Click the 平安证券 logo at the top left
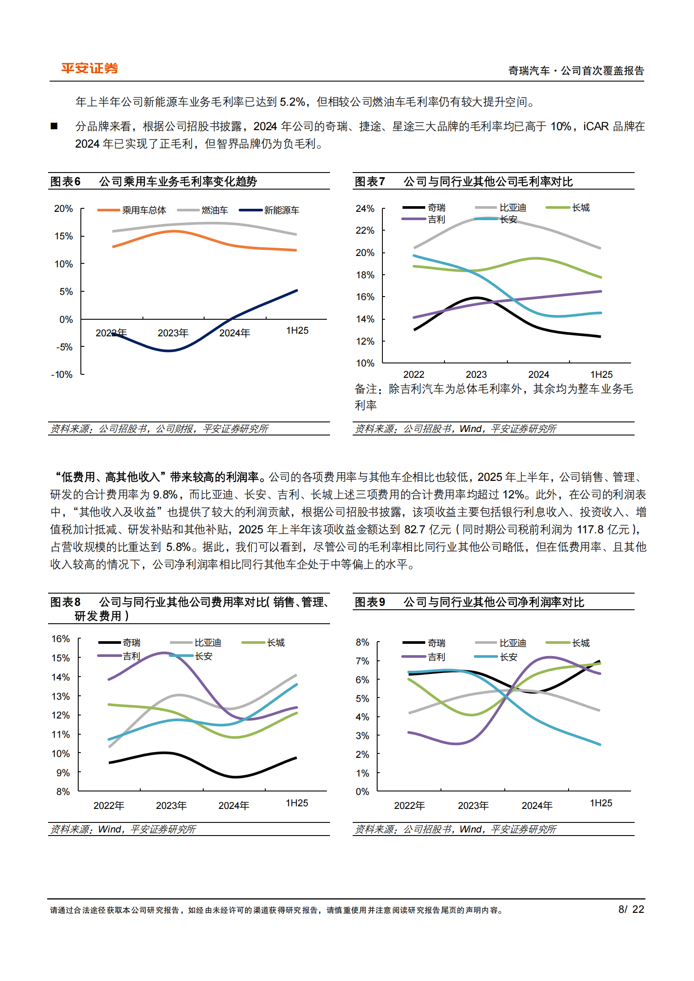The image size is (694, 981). [x=90, y=68]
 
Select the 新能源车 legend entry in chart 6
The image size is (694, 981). [x=281, y=210]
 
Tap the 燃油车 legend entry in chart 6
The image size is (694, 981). [x=215, y=210]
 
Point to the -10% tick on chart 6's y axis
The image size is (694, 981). [x=62, y=374]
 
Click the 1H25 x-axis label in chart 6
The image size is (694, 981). [x=297, y=330]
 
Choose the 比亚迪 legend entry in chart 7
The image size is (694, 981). [x=513, y=207]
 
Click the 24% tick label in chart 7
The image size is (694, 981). [x=365, y=208]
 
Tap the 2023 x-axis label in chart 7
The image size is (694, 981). [x=476, y=374]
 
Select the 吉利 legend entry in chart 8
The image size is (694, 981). [x=131, y=656]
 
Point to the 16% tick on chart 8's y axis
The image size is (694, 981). [x=61, y=639]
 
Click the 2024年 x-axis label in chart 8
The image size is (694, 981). [x=234, y=805]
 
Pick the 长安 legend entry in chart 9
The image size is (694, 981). [x=508, y=657]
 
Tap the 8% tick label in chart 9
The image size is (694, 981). [x=362, y=642]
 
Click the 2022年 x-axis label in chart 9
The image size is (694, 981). [x=409, y=805]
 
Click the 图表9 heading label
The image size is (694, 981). [x=370, y=602]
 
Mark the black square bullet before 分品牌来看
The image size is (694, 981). [x=54, y=126]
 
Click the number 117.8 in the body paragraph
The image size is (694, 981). [x=590, y=529]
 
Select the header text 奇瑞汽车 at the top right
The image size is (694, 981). [x=529, y=71]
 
